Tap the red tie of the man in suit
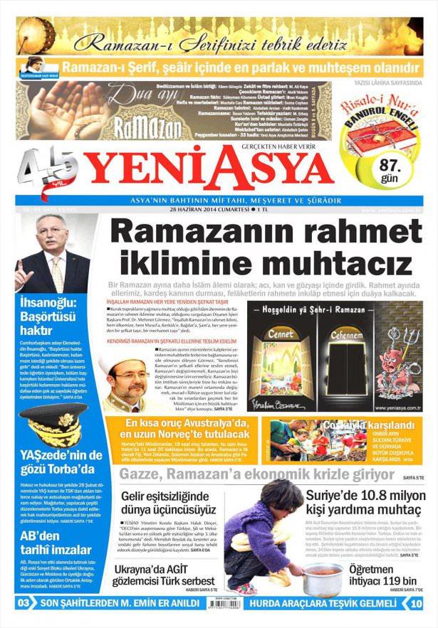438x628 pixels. point(58,272)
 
